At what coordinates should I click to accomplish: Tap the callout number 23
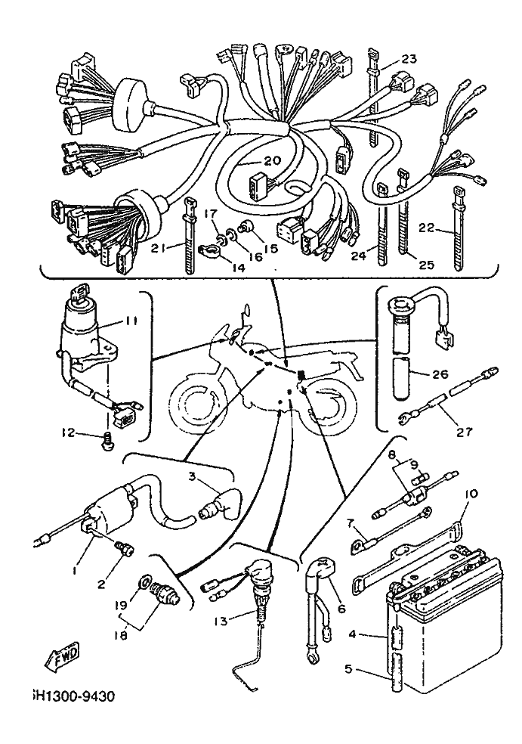(x=409, y=60)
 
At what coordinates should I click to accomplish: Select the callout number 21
(x=157, y=247)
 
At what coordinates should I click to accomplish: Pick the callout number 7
(x=351, y=522)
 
